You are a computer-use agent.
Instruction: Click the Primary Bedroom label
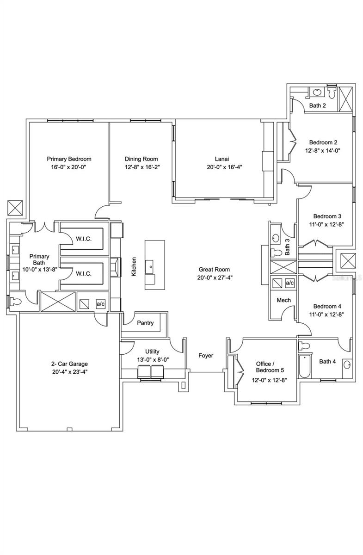coord(69,159)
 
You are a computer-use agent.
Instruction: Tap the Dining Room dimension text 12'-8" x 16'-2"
coord(142,167)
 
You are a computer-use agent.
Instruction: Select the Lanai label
coord(222,159)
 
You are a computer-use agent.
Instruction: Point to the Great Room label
coord(214,269)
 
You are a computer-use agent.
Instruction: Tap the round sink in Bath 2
coord(317,92)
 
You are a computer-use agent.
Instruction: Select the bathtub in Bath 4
coord(305,366)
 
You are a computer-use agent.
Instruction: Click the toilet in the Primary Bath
coord(15,302)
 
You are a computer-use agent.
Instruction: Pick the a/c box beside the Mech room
coord(289,283)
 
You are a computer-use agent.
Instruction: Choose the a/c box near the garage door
coord(101,304)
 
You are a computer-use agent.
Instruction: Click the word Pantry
coord(145,323)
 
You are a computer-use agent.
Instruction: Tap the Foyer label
coord(206,356)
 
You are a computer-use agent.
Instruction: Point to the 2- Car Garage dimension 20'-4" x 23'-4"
coord(70,372)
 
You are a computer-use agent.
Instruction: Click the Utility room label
coord(152,351)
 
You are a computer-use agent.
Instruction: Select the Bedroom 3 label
coord(327,216)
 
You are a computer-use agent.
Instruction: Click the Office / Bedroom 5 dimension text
coord(269,380)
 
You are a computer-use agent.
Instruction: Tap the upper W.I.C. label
coord(84,239)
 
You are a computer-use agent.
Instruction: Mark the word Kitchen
coord(134,266)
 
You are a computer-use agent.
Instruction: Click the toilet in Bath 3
coord(276,253)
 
